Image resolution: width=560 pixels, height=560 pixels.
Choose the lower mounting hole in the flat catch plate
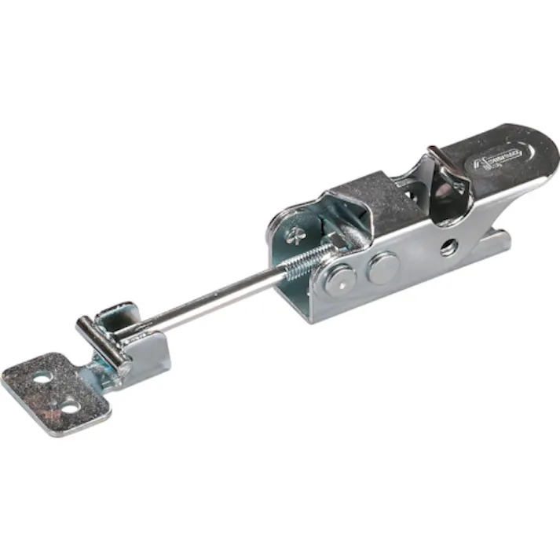click(70, 408)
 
